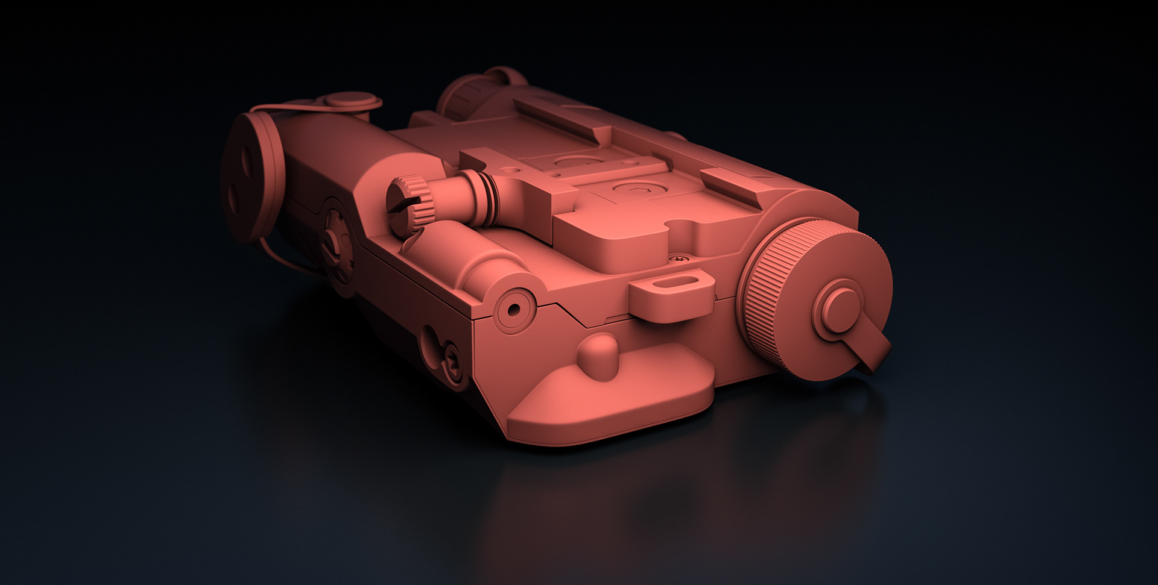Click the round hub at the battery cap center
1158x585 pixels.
(x=837, y=305)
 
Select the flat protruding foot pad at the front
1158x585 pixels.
(x=609, y=410)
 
